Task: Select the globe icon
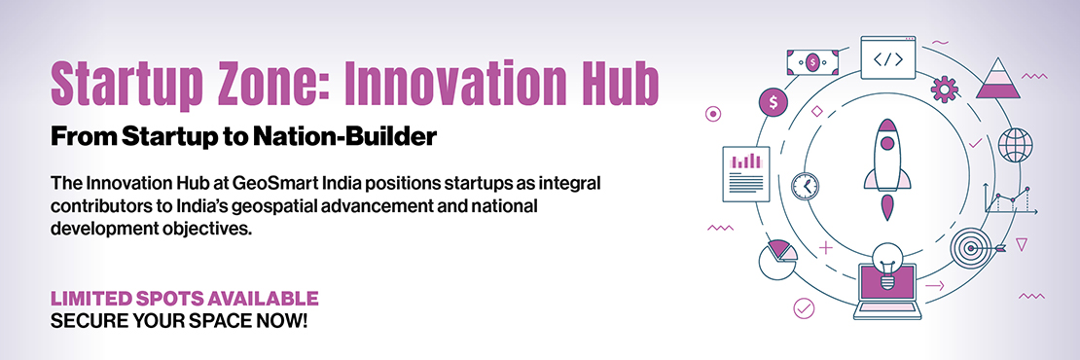point(1015,145)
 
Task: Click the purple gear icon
point(945,89)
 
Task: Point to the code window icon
point(887,57)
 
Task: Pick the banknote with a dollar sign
point(813,62)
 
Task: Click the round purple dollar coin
point(774,103)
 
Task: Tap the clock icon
point(806,186)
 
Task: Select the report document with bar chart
point(746,174)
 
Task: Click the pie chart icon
point(777,260)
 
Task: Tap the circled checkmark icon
point(804,307)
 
